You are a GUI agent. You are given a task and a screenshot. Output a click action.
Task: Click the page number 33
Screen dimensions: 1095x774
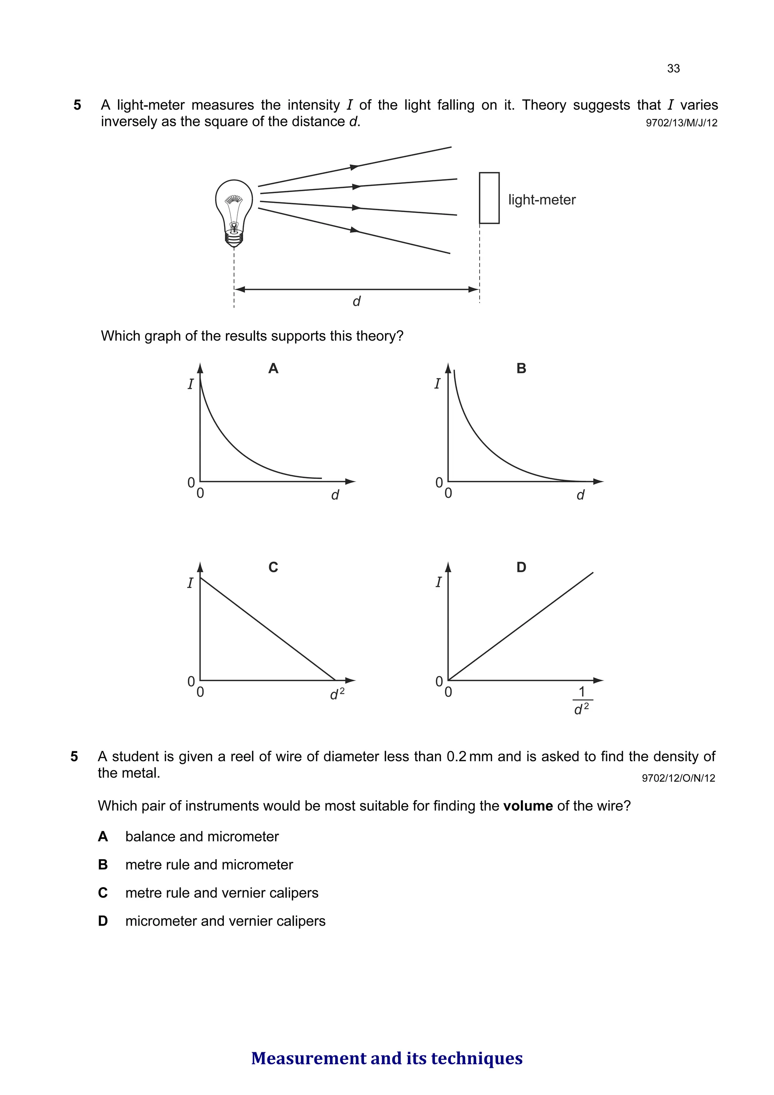coord(673,69)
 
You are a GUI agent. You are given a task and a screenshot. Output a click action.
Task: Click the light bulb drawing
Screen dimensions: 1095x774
coord(233,213)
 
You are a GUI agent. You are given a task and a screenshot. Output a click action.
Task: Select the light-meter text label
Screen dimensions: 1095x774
coord(541,200)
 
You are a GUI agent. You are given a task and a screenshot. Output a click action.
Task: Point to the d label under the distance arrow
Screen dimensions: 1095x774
coord(356,301)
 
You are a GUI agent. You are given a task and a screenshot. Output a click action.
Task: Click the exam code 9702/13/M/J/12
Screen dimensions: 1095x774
coord(681,123)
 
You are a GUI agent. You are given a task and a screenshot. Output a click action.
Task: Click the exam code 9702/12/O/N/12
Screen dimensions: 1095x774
coord(678,778)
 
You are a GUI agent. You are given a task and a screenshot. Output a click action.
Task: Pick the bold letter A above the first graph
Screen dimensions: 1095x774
coord(273,368)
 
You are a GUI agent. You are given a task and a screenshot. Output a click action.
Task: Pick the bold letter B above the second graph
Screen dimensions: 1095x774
coord(521,368)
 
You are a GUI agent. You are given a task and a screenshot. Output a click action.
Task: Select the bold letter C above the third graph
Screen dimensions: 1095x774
coord(273,567)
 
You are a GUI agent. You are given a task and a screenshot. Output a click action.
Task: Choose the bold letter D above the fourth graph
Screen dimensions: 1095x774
coord(521,567)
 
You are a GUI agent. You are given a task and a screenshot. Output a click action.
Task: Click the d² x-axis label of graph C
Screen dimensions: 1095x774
coord(337,694)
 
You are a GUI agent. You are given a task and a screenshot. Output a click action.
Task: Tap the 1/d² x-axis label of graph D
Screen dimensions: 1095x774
coord(581,700)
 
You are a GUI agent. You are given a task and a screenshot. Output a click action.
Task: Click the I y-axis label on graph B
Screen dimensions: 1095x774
coord(437,384)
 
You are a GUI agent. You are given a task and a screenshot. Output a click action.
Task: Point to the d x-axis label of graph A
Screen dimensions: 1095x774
coord(335,496)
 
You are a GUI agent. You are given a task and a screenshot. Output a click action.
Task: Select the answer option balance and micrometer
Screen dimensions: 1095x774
coord(202,836)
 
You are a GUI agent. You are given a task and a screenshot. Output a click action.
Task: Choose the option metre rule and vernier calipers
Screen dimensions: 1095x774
coord(222,893)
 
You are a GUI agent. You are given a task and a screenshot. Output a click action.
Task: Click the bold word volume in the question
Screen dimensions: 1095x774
coord(528,806)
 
